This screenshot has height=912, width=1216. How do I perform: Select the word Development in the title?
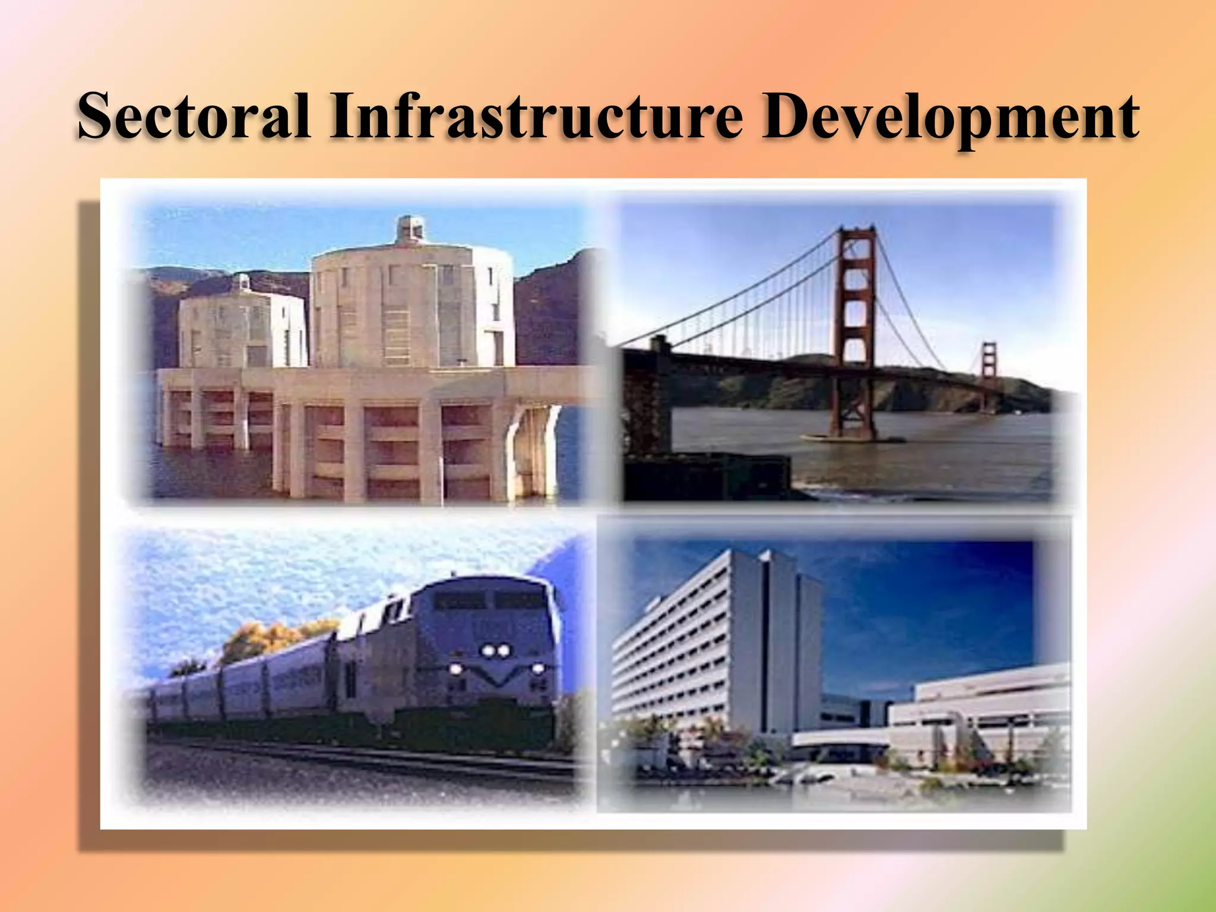[x=949, y=118]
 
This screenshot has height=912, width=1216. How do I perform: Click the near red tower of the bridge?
[x=855, y=321]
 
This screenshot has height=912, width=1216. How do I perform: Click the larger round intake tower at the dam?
[x=412, y=309]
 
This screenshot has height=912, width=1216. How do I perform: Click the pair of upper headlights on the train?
[x=495, y=651]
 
